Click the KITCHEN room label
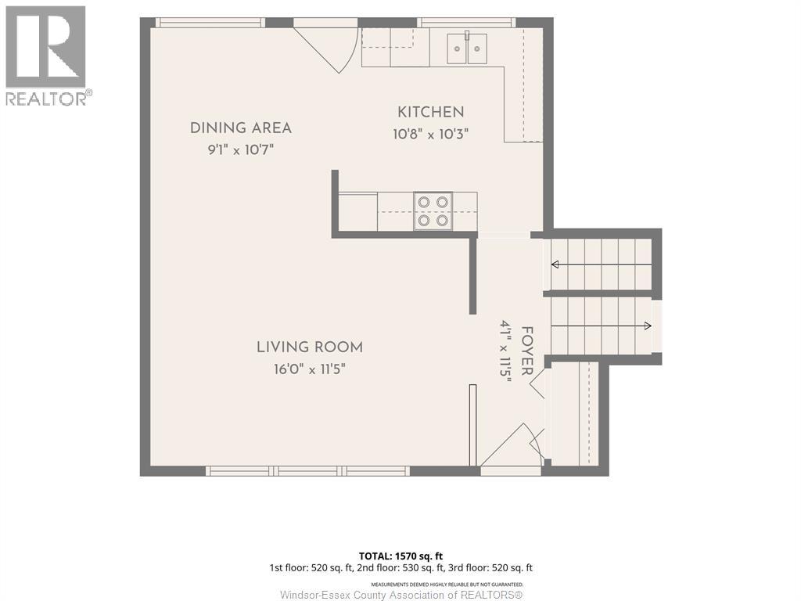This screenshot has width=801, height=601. pyautogui.click(x=431, y=112)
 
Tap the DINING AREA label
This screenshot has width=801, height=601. pyautogui.click(x=241, y=128)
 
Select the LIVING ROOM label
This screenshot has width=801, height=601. pyautogui.click(x=310, y=347)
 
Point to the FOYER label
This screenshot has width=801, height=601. pyautogui.click(x=527, y=351)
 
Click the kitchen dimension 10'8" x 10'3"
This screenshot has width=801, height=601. pyautogui.click(x=431, y=135)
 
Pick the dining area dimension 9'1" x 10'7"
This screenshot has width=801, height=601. pyautogui.click(x=241, y=150)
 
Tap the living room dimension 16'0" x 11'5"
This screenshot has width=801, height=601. pyautogui.click(x=310, y=369)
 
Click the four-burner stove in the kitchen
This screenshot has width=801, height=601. pyautogui.click(x=433, y=211)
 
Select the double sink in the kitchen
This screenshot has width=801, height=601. pyautogui.click(x=467, y=49)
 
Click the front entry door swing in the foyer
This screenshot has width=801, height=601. pyautogui.click(x=512, y=444)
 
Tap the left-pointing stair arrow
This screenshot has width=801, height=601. pyautogui.click(x=601, y=265)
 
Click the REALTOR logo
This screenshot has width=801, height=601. pyautogui.click(x=47, y=56)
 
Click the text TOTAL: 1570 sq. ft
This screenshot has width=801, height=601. pyautogui.click(x=400, y=556)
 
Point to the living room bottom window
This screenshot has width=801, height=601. pyautogui.click(x=308, y=470)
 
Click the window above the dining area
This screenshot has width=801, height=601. pyautogui.click(x=210, y=23)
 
